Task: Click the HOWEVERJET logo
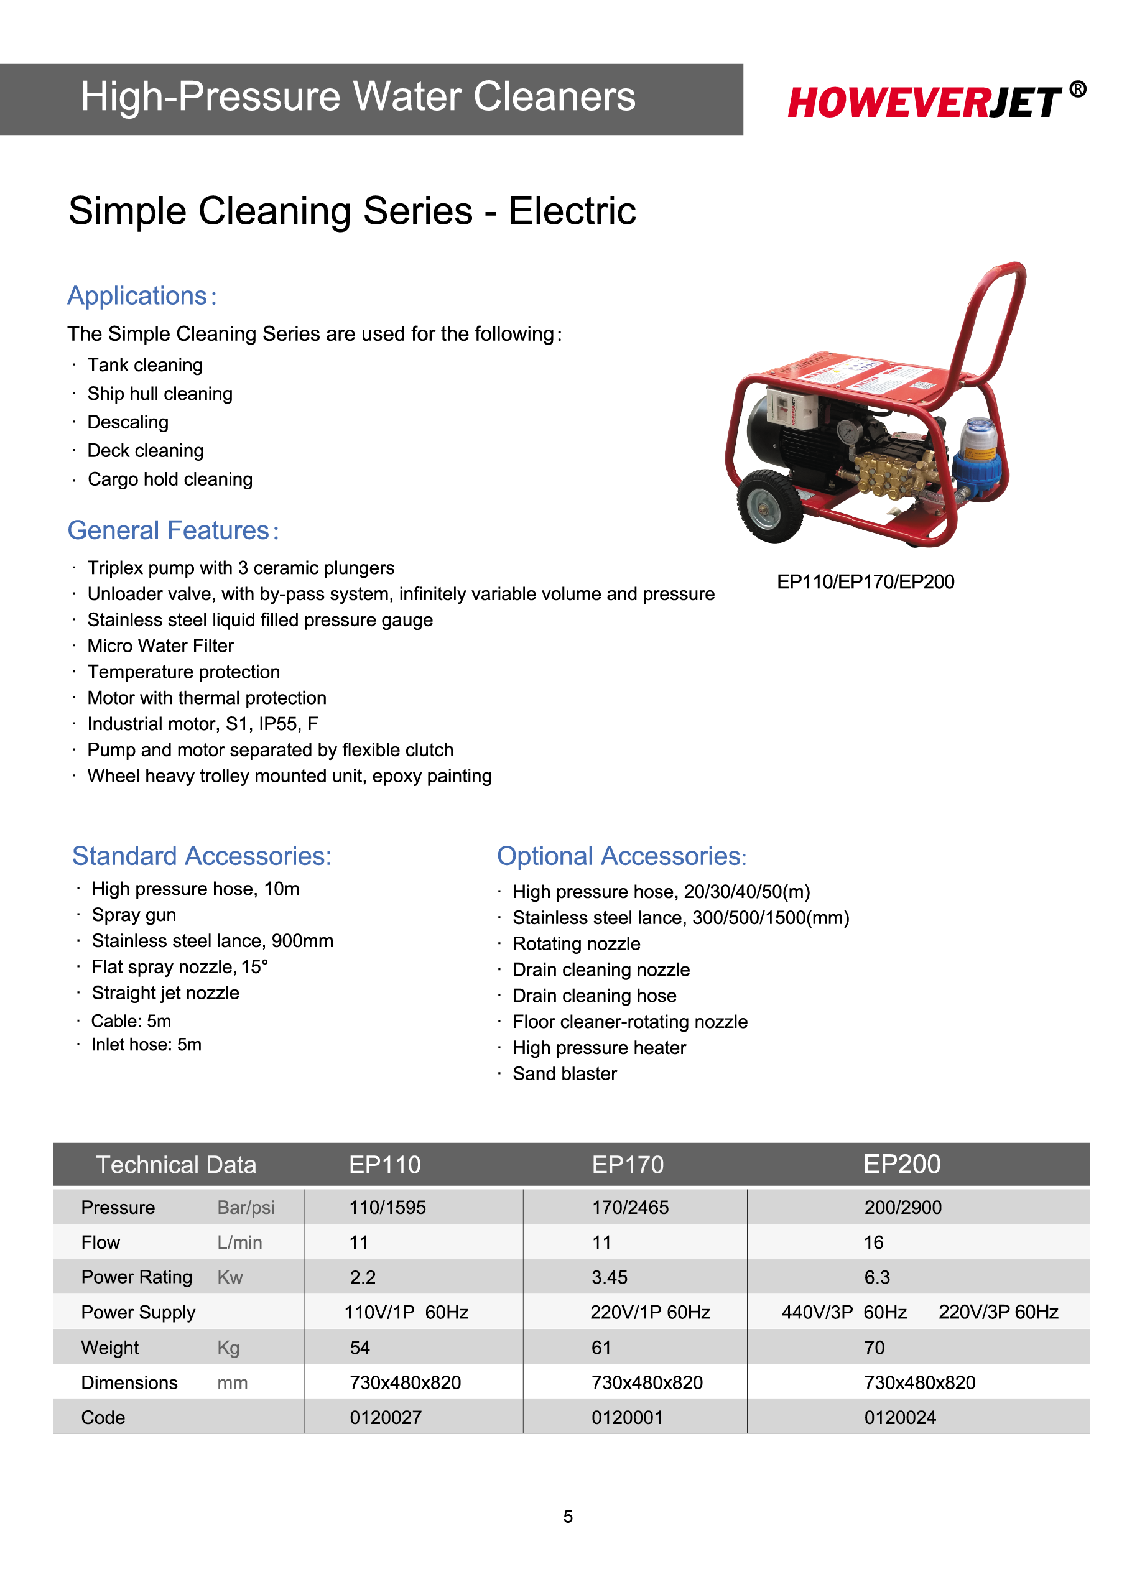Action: pyautogui.click(x=924, y=103)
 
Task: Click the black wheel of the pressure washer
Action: pyautogui.click(x=769, y=506)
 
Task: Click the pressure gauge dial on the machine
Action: pyautogui.click(x=848, y=433)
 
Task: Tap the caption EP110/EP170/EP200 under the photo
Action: pyautogui.click(x=865, y=582)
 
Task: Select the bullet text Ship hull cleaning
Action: pyautogui.click(x=160, y=394)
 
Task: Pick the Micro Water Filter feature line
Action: pyautogui.click(x=160, y=646)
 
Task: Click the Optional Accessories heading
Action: pyautogui.click(x=621, y=856)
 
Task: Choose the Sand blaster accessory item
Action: pyautogui.click(x=565, y=1074)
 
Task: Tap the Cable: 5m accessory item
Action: pyautogui.click(x=131, y=1021)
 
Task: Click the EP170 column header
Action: pyautogui.click(x=628, y=1165)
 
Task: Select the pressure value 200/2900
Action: pyautogui.click(x=902, y=1208)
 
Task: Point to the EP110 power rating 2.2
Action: pyautogui.click(x=363, y=1277)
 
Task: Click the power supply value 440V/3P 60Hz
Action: pyautogui.click(x=844, y=1312)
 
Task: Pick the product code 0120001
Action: pyautogui.click(x=627, y=1418)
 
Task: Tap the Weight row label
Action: pyautogui.click(x=110, y=1348)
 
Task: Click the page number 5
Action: pyautogui.click(x=568, y=1517)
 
